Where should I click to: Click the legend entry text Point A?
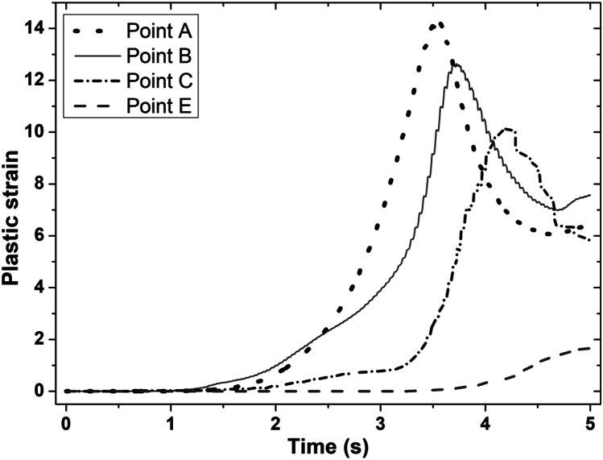(x=159, y=32)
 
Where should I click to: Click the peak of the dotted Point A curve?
(x=436, y=25)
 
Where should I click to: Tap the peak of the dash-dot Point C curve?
(x=506, y=128)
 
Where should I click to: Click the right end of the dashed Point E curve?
(x=589, y=348)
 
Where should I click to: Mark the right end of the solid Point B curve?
(x=590, y=195)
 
